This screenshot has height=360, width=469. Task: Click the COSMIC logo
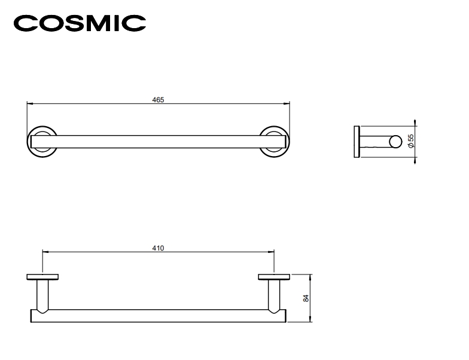pyautogui.click(x=80, y=23)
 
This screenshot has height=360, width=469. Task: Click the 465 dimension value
pyautogui.click(x=158, y=100)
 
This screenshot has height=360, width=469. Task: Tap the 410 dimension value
pyautogui.click(x=158, y=248)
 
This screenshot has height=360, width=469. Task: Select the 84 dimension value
pyautogui.click(x=306, y=298)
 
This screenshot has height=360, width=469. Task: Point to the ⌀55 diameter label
pyautogui.click(x=412, y=141)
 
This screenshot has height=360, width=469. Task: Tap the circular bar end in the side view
pyautogui.click(x=395, y=142)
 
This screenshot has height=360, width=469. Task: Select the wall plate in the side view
pyautogui.click(x=357, y=142)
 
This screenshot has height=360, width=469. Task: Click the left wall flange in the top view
pyautogui.click(x=42, y=277)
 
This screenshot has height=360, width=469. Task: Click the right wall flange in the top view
pyautogui.click(x=274, y=277)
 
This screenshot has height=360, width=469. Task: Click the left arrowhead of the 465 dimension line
pyautogui.click(x=30, y=104)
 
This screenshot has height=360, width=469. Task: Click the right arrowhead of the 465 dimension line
pyautogui.click(x=287, y=104)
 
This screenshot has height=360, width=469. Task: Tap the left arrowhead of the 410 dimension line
pyautogui.click(x=45, y=252)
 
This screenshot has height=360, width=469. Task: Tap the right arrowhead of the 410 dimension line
pyautogui.click(x=271, y=252)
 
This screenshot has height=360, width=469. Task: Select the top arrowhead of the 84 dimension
pyautogui.click(x=311, y=277)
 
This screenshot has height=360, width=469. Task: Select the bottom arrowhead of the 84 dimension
pyautogui.click(x=311, y=319)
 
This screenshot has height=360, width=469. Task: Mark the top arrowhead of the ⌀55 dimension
pyautogui.click(x=415, y=123)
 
